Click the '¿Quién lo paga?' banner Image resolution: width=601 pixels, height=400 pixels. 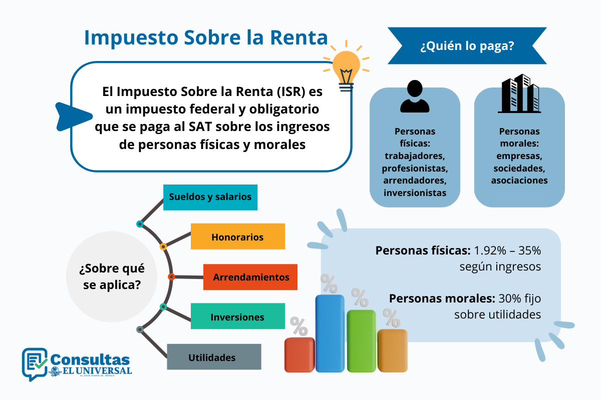point(467,46)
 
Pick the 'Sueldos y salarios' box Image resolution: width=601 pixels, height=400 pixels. point(210,196)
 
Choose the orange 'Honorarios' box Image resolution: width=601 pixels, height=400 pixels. point(237,236)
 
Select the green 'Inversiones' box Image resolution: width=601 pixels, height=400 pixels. point(237,316)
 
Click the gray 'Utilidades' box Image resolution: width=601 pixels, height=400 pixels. point(214,357)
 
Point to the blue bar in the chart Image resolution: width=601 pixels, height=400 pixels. point(330,333)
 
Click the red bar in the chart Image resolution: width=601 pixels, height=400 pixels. point(299,355)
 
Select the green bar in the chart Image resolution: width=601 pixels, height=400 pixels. point(361,341)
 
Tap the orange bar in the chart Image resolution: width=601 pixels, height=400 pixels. point(392,350)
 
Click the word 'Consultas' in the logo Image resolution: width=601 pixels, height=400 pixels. point(91,358)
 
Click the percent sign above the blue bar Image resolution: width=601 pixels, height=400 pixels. point(329,284)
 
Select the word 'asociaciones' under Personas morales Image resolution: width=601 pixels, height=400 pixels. point(519,180)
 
